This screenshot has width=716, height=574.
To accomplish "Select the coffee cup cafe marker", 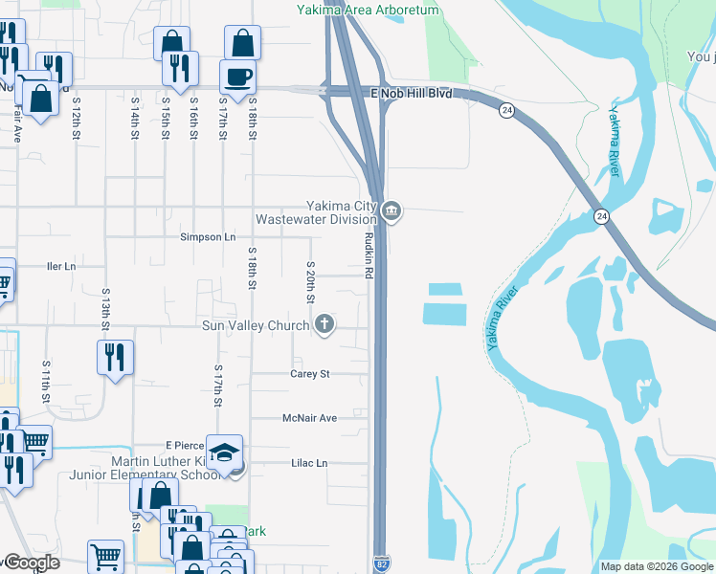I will [237, 77].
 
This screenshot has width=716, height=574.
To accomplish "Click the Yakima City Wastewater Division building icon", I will [392, 211].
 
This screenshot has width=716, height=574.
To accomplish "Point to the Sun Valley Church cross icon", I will [324, 325].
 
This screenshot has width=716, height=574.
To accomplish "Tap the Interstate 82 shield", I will [381, 564].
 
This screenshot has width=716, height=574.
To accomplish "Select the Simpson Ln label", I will [208, 236].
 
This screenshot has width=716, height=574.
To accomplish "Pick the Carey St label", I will [309, 374].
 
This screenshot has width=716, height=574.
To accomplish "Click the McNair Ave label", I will [309, 418].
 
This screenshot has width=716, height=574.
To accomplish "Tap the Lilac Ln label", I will [309, 463].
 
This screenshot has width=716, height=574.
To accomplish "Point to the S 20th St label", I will [310, 282].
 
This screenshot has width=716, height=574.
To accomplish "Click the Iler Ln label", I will [60, 266].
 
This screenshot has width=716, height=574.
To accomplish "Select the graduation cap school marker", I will [224, 453].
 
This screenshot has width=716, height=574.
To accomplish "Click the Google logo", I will [31, 563].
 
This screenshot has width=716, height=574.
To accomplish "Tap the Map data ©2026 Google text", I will [656, 566].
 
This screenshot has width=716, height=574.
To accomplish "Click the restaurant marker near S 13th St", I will [114, 358].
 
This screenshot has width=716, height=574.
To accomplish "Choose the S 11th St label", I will [45, 379].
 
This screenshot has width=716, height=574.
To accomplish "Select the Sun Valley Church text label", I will [256, 326].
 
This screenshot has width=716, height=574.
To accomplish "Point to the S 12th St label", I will [76, 121].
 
